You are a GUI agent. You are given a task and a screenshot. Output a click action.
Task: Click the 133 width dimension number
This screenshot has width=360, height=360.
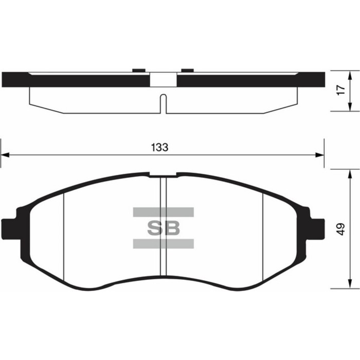pos(160,147)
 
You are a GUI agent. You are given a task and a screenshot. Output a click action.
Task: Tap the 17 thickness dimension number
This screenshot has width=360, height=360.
pos(339,89)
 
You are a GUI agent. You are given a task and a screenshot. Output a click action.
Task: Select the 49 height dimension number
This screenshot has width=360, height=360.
pos(339,229)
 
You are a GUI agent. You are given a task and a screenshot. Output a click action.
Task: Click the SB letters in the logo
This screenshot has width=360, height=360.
pos(164,228)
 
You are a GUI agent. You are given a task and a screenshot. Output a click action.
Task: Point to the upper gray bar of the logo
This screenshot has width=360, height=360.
pos(163,212)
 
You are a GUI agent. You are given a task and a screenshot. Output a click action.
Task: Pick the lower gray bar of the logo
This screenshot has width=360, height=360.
pos(163,244)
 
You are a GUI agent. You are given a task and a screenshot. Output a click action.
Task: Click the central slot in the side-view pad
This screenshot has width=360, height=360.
pos(163,103)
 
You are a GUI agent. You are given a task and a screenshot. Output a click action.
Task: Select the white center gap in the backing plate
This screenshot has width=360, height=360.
pos(163,80)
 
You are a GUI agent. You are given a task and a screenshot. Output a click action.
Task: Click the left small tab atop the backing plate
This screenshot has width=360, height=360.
pos(137,70)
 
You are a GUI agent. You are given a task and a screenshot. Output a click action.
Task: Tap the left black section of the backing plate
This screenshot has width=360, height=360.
pos(77,80)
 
